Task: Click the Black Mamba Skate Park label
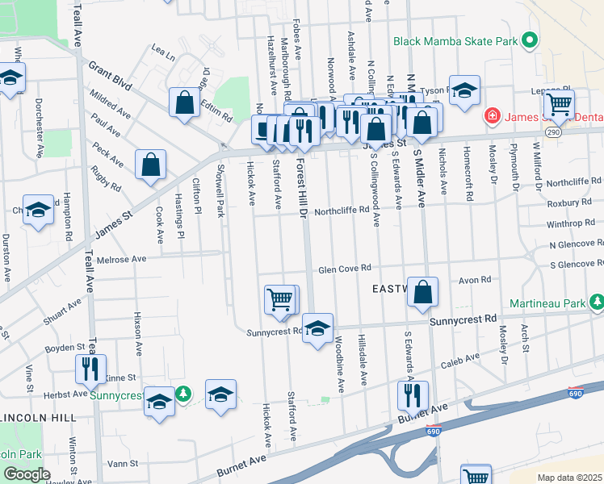coord(455,40)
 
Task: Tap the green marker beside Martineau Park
coord(596,302)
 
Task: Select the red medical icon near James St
coord(491,118)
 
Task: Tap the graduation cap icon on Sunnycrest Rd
coord(318,328)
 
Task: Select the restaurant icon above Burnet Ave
coord(413,396)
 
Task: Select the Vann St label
coord(124,464)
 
